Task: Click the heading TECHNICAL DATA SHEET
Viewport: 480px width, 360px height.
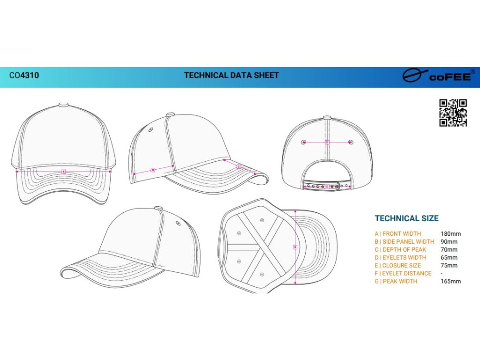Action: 231,75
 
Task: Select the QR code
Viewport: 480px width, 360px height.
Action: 453,113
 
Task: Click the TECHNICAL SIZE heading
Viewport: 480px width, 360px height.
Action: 406,218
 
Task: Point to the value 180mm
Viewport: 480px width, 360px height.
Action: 450,233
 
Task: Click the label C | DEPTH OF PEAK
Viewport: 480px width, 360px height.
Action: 400,249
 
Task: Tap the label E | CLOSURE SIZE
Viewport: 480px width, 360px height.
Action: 397,265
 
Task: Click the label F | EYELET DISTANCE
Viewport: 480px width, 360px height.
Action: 403,273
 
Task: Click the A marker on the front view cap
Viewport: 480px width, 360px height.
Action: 64,172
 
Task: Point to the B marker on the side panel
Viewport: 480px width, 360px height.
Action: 153,170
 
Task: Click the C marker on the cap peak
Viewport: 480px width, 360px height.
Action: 238,166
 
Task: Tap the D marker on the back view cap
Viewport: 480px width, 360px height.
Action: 327,142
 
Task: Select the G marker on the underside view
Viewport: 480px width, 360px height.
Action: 295,247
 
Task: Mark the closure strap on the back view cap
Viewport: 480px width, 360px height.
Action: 327,186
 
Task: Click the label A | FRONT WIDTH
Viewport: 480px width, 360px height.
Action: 397,233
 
